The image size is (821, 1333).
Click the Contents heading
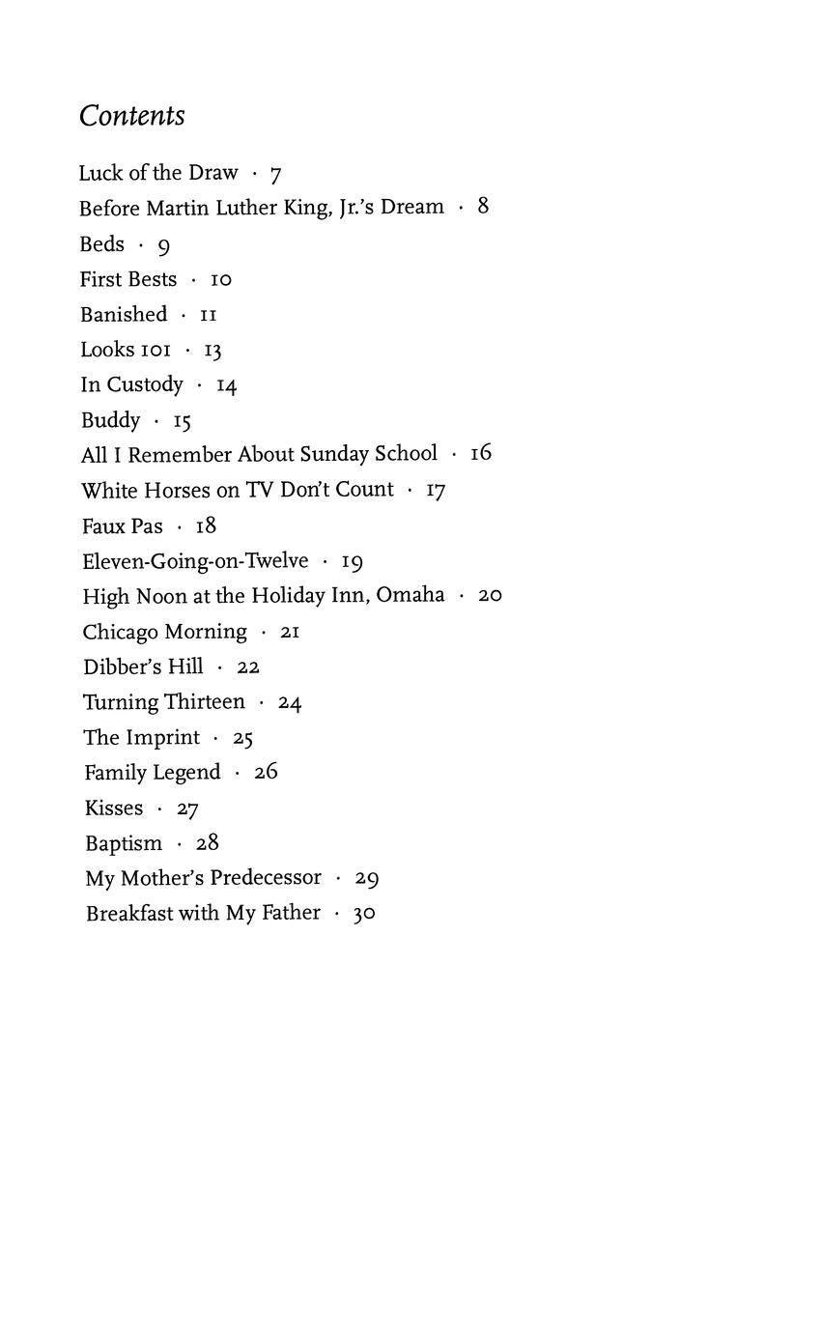pyautogui.click(x=131, y=116)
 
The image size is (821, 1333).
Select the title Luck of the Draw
pyautogui.click(x=158, y=173)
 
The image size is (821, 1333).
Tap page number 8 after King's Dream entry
pyautogui.click(x=483, y=207)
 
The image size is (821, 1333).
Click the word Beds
pyautogui.click(x=102, y=244)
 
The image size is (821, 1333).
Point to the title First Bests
pyautogui.click(x=128, y=279)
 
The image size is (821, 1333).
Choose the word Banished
pyautogui.click(x=124, y=315)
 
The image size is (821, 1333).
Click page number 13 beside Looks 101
pyautogui.click(x=212, y=350)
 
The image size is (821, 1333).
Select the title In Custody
pyautogui.click(x=131, y=384)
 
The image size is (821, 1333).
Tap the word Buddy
pyautogui.click(x=111, y=420)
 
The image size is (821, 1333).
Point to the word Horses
pyautogui.click(x=177, y=490)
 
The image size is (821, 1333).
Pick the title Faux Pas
pyautogui.click(x=123, y=525)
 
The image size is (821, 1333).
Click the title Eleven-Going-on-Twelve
pyautogui.click(x=195, y=561)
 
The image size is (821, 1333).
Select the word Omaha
pyautogui.click(x=410, y=595)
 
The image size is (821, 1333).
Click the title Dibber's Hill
pyautogui.click(x=143, y=666)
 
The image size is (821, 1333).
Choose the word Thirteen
pyautogui.click(x=204, y=702)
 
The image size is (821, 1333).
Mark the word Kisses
pyautogui.click(x=114, y=808)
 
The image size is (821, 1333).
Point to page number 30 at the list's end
pyautogui.click(x=364, y=914)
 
